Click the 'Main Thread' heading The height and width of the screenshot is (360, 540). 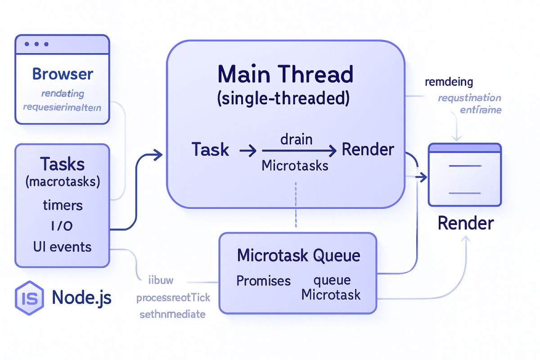285,74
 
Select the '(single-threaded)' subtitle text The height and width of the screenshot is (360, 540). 283,99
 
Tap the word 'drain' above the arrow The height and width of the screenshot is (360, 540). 296,139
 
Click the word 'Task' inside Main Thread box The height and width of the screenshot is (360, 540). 210,150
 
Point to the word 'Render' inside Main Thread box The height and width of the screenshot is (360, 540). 368,150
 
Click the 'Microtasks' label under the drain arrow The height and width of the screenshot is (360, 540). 295,166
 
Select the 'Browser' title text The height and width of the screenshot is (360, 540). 63,74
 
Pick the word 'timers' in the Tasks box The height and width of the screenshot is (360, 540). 63,205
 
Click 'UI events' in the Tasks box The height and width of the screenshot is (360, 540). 62,247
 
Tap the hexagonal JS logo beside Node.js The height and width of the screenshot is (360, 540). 29,297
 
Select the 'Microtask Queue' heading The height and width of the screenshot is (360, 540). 298,256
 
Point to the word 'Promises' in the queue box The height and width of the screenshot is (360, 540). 263,281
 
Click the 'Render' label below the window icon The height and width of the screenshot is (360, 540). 465,223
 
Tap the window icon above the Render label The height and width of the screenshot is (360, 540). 464,175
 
